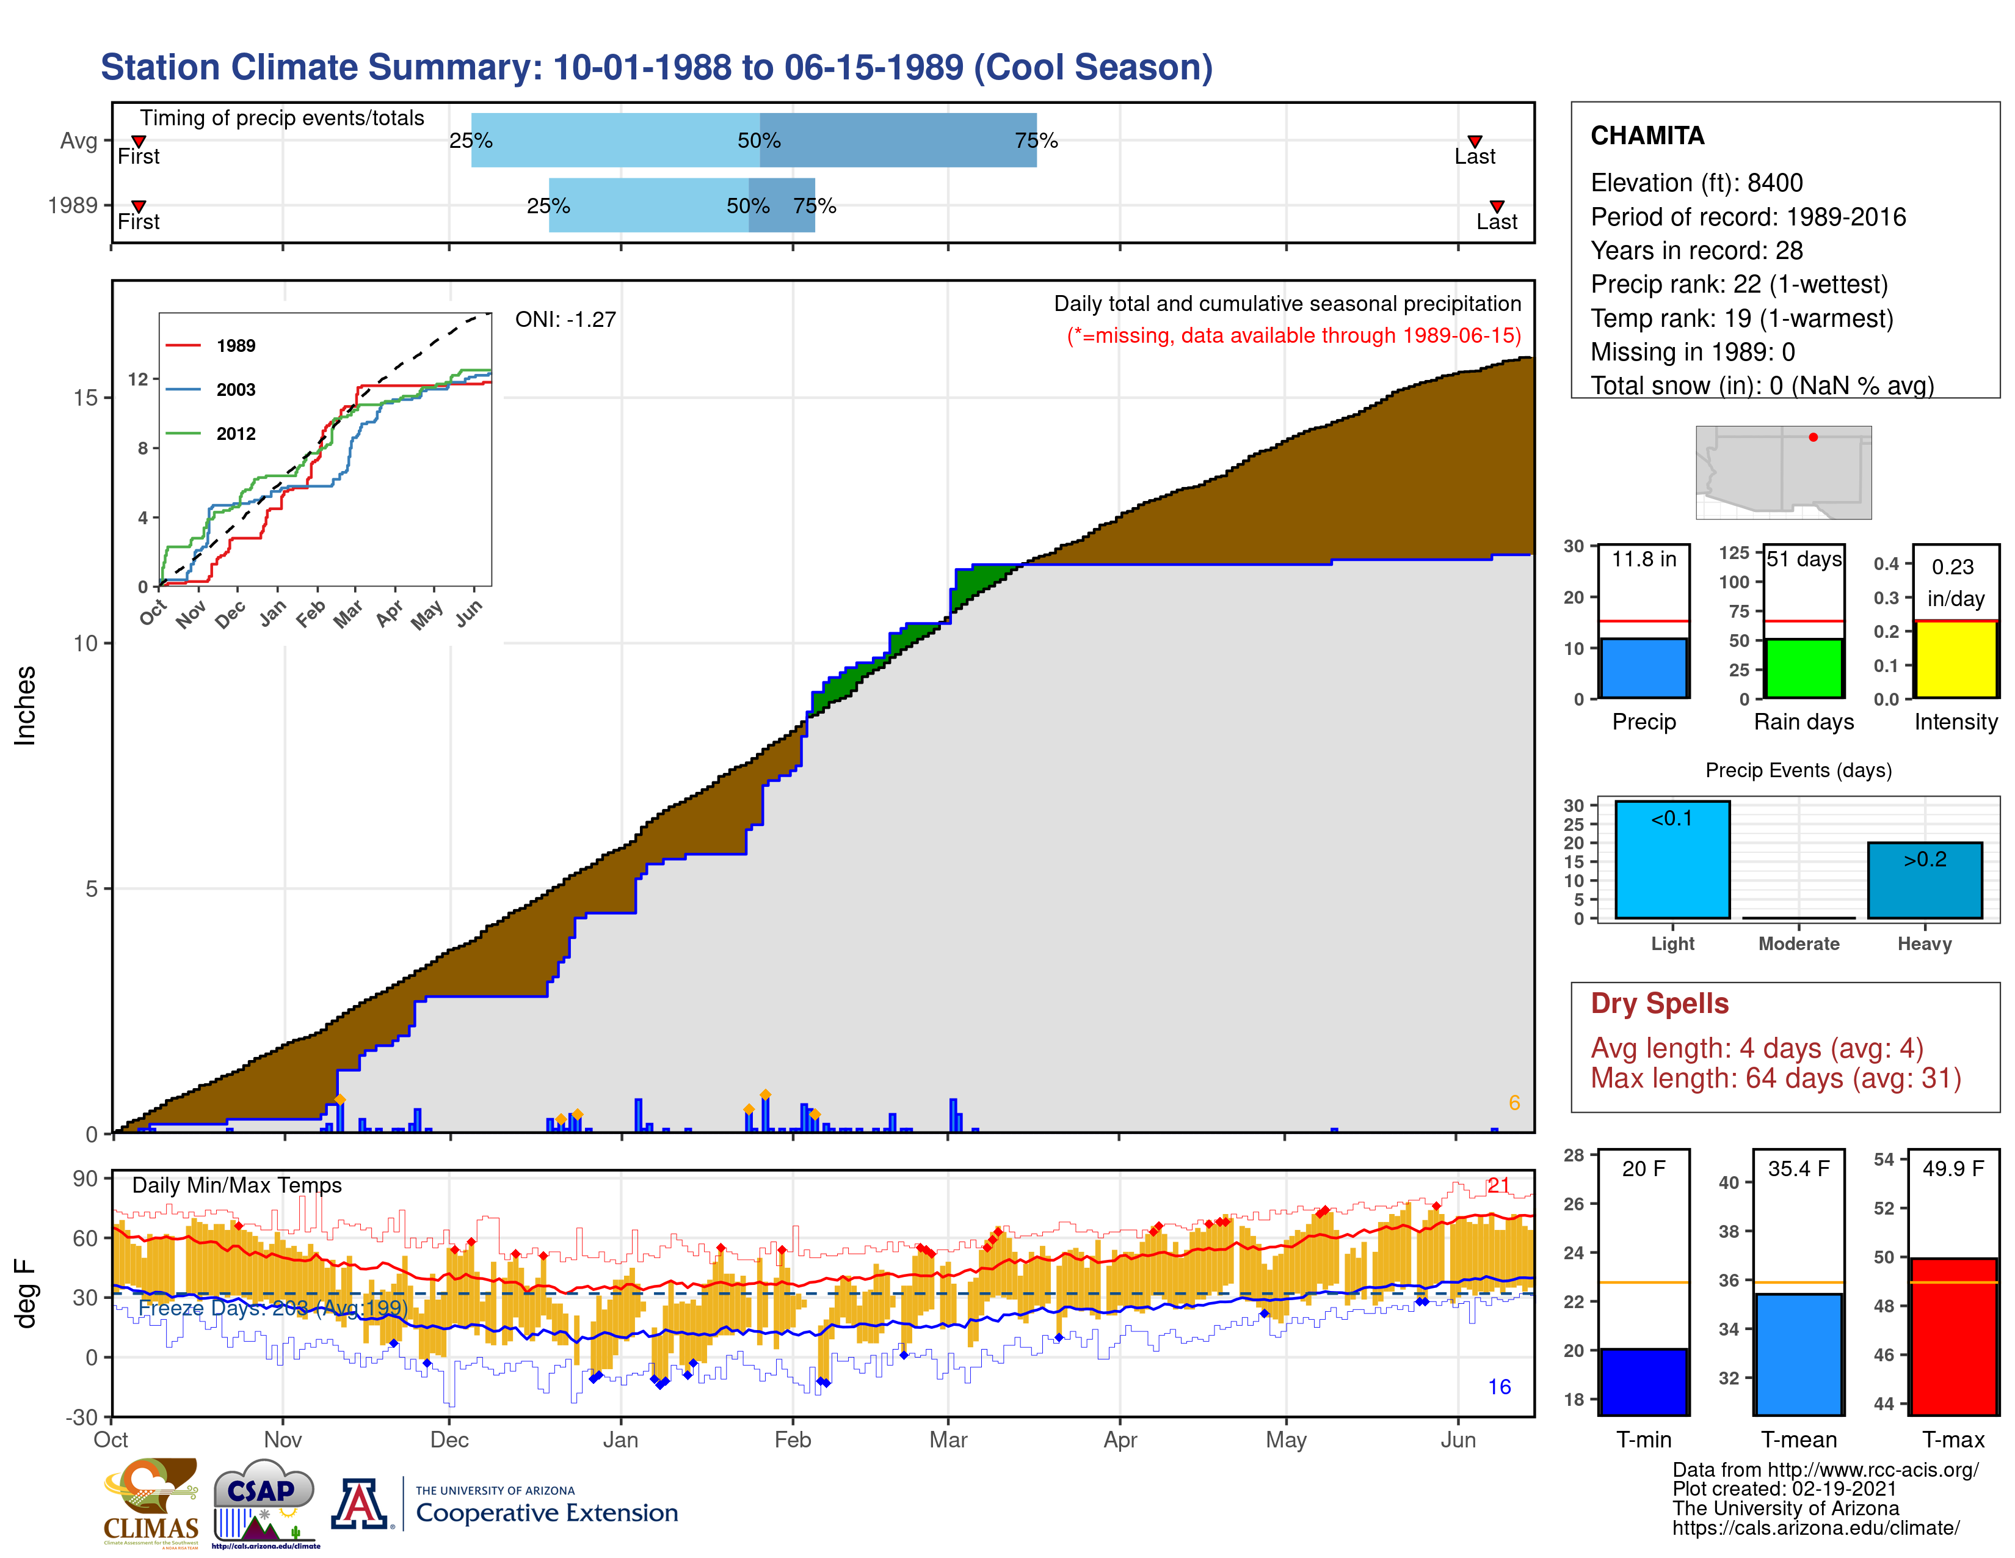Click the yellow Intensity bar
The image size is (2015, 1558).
pos(1955,659)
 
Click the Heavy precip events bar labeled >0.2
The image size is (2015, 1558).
pos(1925,880)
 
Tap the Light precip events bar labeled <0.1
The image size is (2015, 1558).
pos(1672,859)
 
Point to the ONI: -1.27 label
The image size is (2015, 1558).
pos(565,320)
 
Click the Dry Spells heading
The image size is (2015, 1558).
pos(1659,1003)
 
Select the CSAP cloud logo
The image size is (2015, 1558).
pos(263,1500)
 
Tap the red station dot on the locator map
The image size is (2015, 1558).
pos(1813,437)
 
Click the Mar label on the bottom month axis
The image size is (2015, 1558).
pos(948,1440)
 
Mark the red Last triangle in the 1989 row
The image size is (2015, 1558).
pos(1497,207)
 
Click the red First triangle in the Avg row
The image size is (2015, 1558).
pos(139,141)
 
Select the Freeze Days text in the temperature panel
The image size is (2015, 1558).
pos(272,1308)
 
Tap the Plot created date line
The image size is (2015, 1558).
pos(1784,1489)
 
